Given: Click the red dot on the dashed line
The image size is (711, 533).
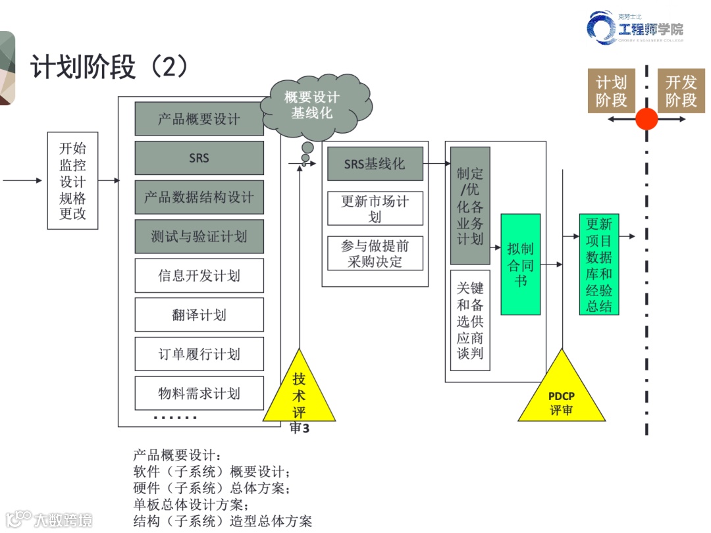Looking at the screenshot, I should pyautogui.click(x=646, y=119).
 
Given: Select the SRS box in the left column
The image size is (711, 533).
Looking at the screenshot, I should pyautogui.click(x=199, y=158).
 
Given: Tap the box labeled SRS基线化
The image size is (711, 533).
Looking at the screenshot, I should pyautogui.click(x=375, y=164).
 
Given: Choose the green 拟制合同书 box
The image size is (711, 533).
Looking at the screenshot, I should pyautogui.click(x=520, y=265).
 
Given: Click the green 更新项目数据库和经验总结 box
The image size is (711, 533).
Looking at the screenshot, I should pyautogui.click(x=599, y=265).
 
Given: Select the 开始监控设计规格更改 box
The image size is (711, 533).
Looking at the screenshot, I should pyautogui.click(x=72, y=180).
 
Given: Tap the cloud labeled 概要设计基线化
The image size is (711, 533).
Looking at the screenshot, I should pyautogui.click(x=313, y=105).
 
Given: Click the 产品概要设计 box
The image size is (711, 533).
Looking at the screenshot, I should pyautogui.click(x=199, y=119).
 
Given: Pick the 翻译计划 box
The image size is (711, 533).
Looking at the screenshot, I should pyautogui.click(x=199, y=315).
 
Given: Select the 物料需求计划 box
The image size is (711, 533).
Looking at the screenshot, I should pyautogui.click(x=199, y=393).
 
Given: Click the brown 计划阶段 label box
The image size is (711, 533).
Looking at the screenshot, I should pyautogui.click(x=611, y=91).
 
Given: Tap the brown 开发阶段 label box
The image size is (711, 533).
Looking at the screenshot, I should pyautogui.click(x=681, y=91).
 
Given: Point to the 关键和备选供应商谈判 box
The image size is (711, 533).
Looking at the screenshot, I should pyautogui.click(x=470, y=320).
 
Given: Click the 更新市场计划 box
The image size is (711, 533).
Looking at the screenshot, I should pyautogui.click(x=375, y=209).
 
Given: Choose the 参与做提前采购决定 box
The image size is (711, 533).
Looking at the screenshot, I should pyautogui.click(x=375, y=253).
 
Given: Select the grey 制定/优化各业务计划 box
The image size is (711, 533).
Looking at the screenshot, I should pyautogui.click(x=470, y=205).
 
